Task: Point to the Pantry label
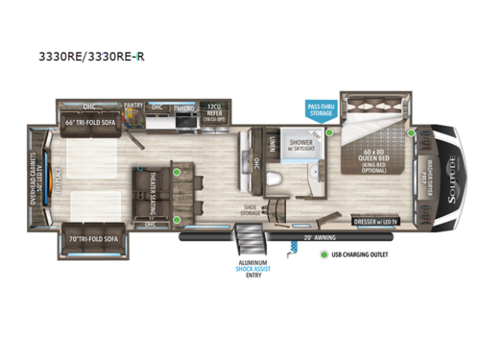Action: coord(133,108)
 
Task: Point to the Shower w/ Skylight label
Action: coord(315,140)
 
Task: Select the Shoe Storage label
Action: coord(252,209)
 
